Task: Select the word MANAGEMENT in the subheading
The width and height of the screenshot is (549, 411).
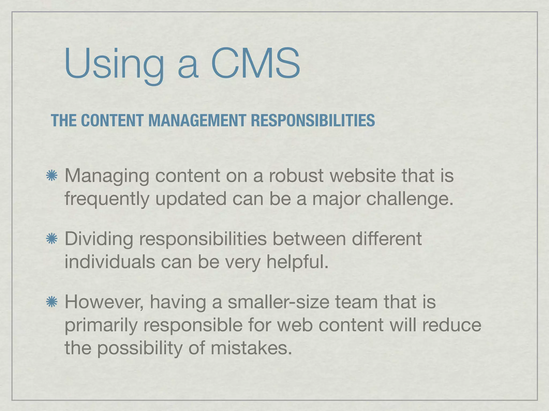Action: pyautogui.click(x=197, y=120)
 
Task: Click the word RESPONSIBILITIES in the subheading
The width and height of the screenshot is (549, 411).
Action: pyautogui.click(x=313, y=120)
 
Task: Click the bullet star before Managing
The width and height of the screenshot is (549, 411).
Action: pyautogui.click(x=52, y=176)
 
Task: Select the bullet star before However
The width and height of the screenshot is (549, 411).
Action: pyautogui.click(x=52, y=302)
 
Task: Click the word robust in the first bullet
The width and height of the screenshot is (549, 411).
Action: pyautogui.click(x=296, y=176)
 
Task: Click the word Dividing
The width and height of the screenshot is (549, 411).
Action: pyautogui.click(x=99, y=239)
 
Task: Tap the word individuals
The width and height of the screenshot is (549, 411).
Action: pyautogui.click(x=110, y=262)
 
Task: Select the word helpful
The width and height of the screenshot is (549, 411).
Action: pyautogui.click(x=297, y=262)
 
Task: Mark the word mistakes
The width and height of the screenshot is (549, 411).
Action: pyautogui.click(x=251, y=348)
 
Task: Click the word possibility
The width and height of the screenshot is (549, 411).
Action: pyautogui.click(x=139, y=349)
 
